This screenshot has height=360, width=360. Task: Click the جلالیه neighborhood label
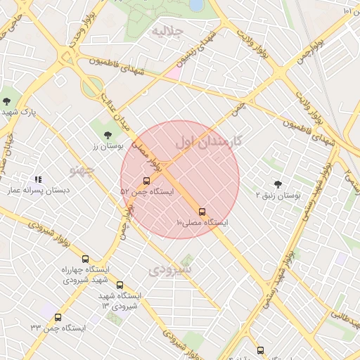(x=168, y=32)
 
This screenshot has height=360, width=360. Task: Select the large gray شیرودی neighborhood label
(x=171, y=269)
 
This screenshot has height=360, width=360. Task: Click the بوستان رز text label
(x=108, y=146)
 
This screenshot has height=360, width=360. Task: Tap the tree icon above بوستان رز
(x=107, y=134)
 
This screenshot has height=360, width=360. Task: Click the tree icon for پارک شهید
(x=7, y=101)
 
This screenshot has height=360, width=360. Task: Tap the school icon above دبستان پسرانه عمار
(x=38, y=180)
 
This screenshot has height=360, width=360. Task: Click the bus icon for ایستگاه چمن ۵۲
(x=146, y=181)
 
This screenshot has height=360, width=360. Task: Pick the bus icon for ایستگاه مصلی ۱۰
(x=202, y=211)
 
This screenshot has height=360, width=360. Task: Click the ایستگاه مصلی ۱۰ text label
(x=202, y=222)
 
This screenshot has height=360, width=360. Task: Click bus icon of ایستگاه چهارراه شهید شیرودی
(x=86, y=259)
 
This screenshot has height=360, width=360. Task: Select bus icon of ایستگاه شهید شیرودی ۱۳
(x=120, y=285)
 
